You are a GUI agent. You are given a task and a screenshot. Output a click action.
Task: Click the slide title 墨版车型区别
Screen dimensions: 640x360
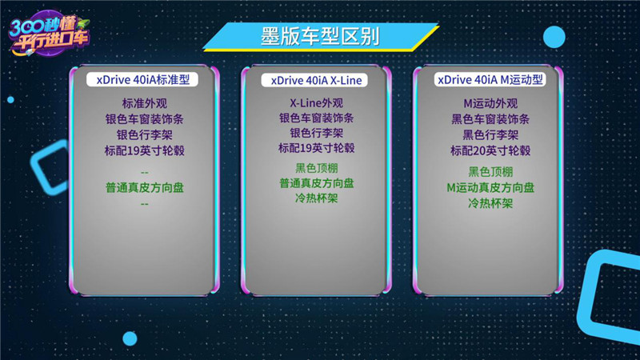coord(320,36)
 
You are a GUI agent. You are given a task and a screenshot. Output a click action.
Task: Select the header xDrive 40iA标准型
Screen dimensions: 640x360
coord(142,79)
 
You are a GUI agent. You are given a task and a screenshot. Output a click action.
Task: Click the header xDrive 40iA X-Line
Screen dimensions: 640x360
coord(316,81)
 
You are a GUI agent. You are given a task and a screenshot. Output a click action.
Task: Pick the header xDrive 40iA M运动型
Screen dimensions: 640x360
coord(490,79)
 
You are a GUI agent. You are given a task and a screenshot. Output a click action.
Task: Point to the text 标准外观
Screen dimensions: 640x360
coord(145,103)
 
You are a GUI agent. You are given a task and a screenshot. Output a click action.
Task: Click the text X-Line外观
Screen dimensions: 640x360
coord(316,103)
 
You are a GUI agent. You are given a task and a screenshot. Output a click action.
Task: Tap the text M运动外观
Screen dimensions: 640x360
coord(490,103)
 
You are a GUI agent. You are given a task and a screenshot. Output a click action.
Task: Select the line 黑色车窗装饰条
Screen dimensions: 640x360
coord(490,119)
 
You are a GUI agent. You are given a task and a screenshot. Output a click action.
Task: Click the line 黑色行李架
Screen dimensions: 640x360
coord(490,134)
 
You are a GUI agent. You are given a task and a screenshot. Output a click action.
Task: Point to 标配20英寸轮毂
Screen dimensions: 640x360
coord(490,150)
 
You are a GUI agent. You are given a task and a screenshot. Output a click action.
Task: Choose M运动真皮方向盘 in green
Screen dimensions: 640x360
coord(490,188)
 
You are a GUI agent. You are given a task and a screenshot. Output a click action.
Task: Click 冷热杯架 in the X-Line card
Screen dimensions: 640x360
coord(316,198)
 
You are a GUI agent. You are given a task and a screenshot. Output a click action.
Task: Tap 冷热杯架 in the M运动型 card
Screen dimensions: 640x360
coord(490,203)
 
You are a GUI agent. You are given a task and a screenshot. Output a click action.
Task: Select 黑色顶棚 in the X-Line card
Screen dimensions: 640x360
coord(316,168)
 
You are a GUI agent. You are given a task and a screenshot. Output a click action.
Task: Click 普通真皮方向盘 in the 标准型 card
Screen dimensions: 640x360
coord(145,188)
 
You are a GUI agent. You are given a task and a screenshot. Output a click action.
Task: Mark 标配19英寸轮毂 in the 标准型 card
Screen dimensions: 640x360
coord(145,150)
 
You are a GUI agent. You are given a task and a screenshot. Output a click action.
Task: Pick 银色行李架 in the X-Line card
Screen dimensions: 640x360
coord(316,133)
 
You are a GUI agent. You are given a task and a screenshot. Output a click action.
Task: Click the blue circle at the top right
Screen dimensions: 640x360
coord(554,37)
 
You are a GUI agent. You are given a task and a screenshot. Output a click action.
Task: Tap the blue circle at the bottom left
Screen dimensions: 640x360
coord(130,338)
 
